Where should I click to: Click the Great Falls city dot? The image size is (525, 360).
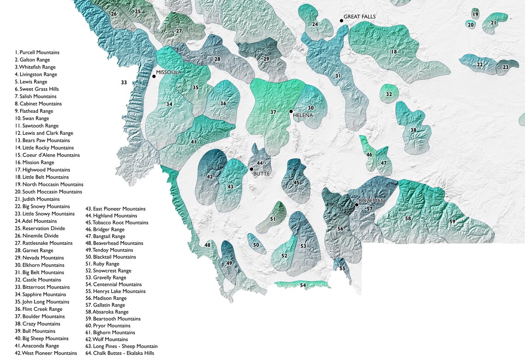(341, 21)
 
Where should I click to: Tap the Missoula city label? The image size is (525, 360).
(169, 73)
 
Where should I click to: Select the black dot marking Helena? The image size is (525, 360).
(291, 111)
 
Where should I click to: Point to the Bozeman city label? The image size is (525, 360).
(372, 201)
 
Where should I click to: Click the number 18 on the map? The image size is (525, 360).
(394, 52)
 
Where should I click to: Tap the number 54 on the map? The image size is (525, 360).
(303, 285)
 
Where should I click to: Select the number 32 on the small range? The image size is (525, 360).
(389, 94)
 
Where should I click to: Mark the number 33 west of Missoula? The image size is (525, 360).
(124, 83)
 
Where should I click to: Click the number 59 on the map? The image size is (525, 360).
(452, 222)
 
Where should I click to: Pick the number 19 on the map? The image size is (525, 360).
(475, 15)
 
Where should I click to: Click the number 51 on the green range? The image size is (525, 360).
(273, 219)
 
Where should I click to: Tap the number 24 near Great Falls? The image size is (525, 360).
(315, 24)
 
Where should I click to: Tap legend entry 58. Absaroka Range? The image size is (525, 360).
(107, 312)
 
